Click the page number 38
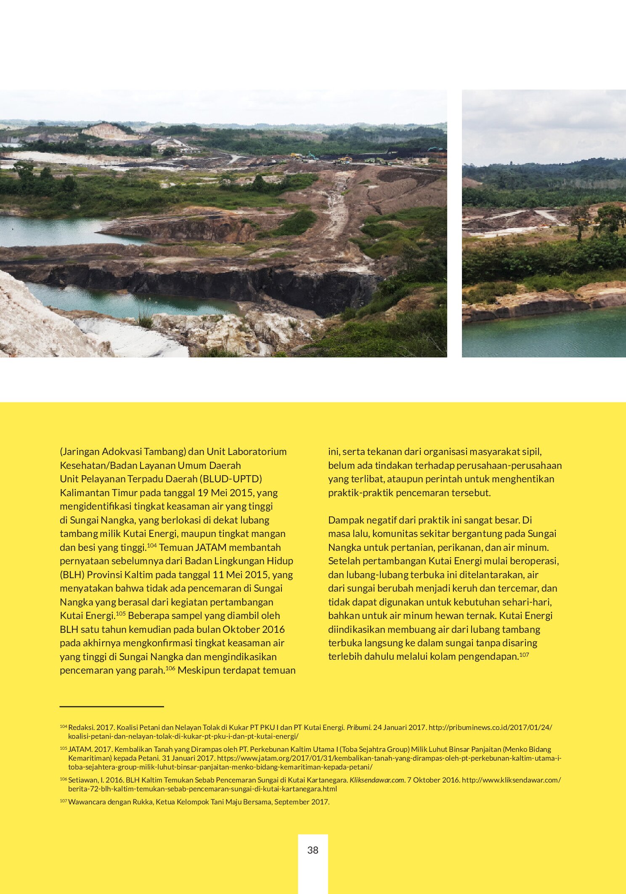click(313, 850)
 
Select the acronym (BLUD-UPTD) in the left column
click(231, 479)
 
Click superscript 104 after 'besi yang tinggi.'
click(151, 545)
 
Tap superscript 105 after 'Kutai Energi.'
click(121, 614)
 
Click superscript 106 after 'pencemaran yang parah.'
click(170, 668)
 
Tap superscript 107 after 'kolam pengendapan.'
click(524, 655)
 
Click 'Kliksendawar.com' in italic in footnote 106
click(377, 780)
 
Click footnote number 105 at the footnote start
click(64, 749)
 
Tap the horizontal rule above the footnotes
click(111, 706)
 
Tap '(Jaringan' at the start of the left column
click(80, 452)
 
